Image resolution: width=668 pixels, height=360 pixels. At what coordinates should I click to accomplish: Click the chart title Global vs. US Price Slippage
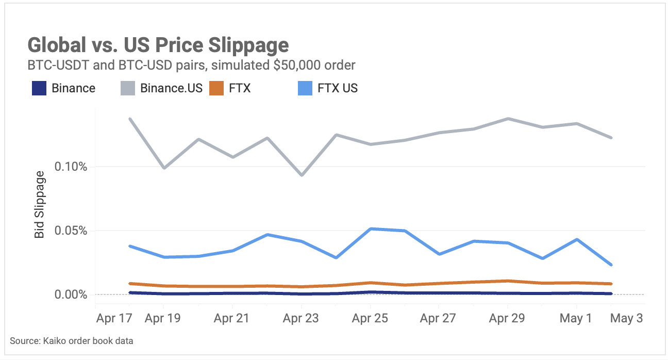[158, 45]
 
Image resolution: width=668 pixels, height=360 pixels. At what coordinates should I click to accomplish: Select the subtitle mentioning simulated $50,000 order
[191, 66]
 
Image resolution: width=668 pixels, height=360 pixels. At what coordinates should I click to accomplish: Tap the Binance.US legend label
[171, 88]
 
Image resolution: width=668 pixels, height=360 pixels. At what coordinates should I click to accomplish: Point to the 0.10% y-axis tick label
[71, 167]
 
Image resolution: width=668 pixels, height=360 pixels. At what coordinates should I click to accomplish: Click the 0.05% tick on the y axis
[71, 231]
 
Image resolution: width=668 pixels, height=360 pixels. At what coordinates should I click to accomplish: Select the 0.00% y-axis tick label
[71, 294]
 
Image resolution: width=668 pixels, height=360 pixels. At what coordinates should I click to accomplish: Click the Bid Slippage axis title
[40, 208]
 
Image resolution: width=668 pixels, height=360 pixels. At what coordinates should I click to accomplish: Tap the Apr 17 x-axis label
[114, 318]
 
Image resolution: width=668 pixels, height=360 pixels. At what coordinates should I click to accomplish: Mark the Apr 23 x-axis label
[301, 318]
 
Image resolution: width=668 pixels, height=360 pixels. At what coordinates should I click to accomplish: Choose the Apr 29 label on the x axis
[507, 318]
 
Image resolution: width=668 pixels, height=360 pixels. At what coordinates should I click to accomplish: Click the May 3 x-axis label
[626, 318]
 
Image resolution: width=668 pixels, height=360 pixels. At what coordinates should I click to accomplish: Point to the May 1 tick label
[576, 318]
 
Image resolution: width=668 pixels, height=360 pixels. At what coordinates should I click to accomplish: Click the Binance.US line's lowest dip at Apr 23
[301, 175]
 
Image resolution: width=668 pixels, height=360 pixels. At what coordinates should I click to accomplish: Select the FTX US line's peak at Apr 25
[371, 228]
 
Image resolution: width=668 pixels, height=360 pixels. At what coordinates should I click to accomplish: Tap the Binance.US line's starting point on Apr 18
[129, 119]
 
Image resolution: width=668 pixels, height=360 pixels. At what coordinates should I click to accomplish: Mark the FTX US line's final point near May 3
[611, 265]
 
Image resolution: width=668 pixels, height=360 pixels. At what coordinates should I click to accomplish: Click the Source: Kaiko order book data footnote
[72, 341]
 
